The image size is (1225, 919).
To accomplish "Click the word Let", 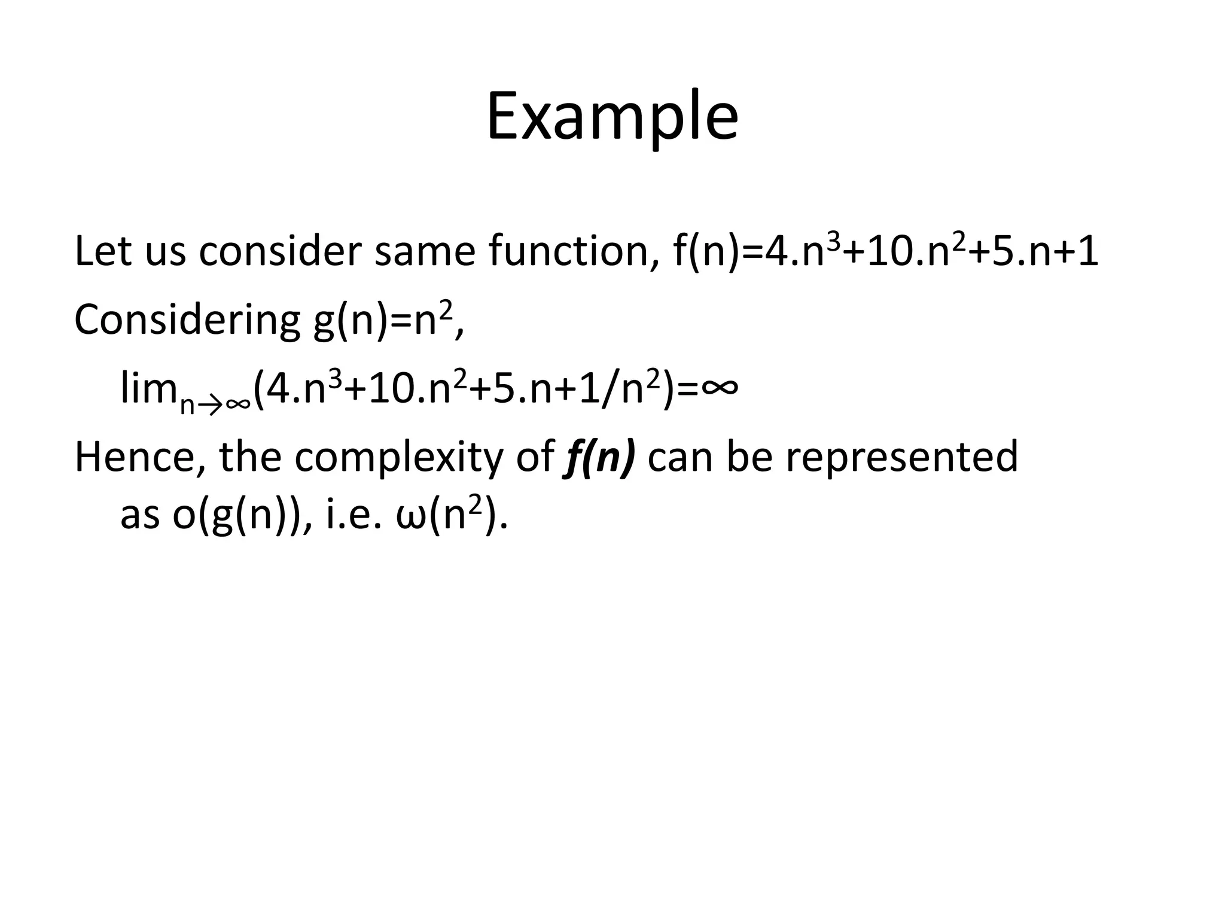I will pyautogui.click(x=103, y=251).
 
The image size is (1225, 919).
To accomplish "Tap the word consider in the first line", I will pyautogui.click(x=280, y=251).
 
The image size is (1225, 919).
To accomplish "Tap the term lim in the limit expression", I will pyautogui.click(x=148, y=388).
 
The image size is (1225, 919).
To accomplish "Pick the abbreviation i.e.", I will pyautogui.click(x=354, y=515).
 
